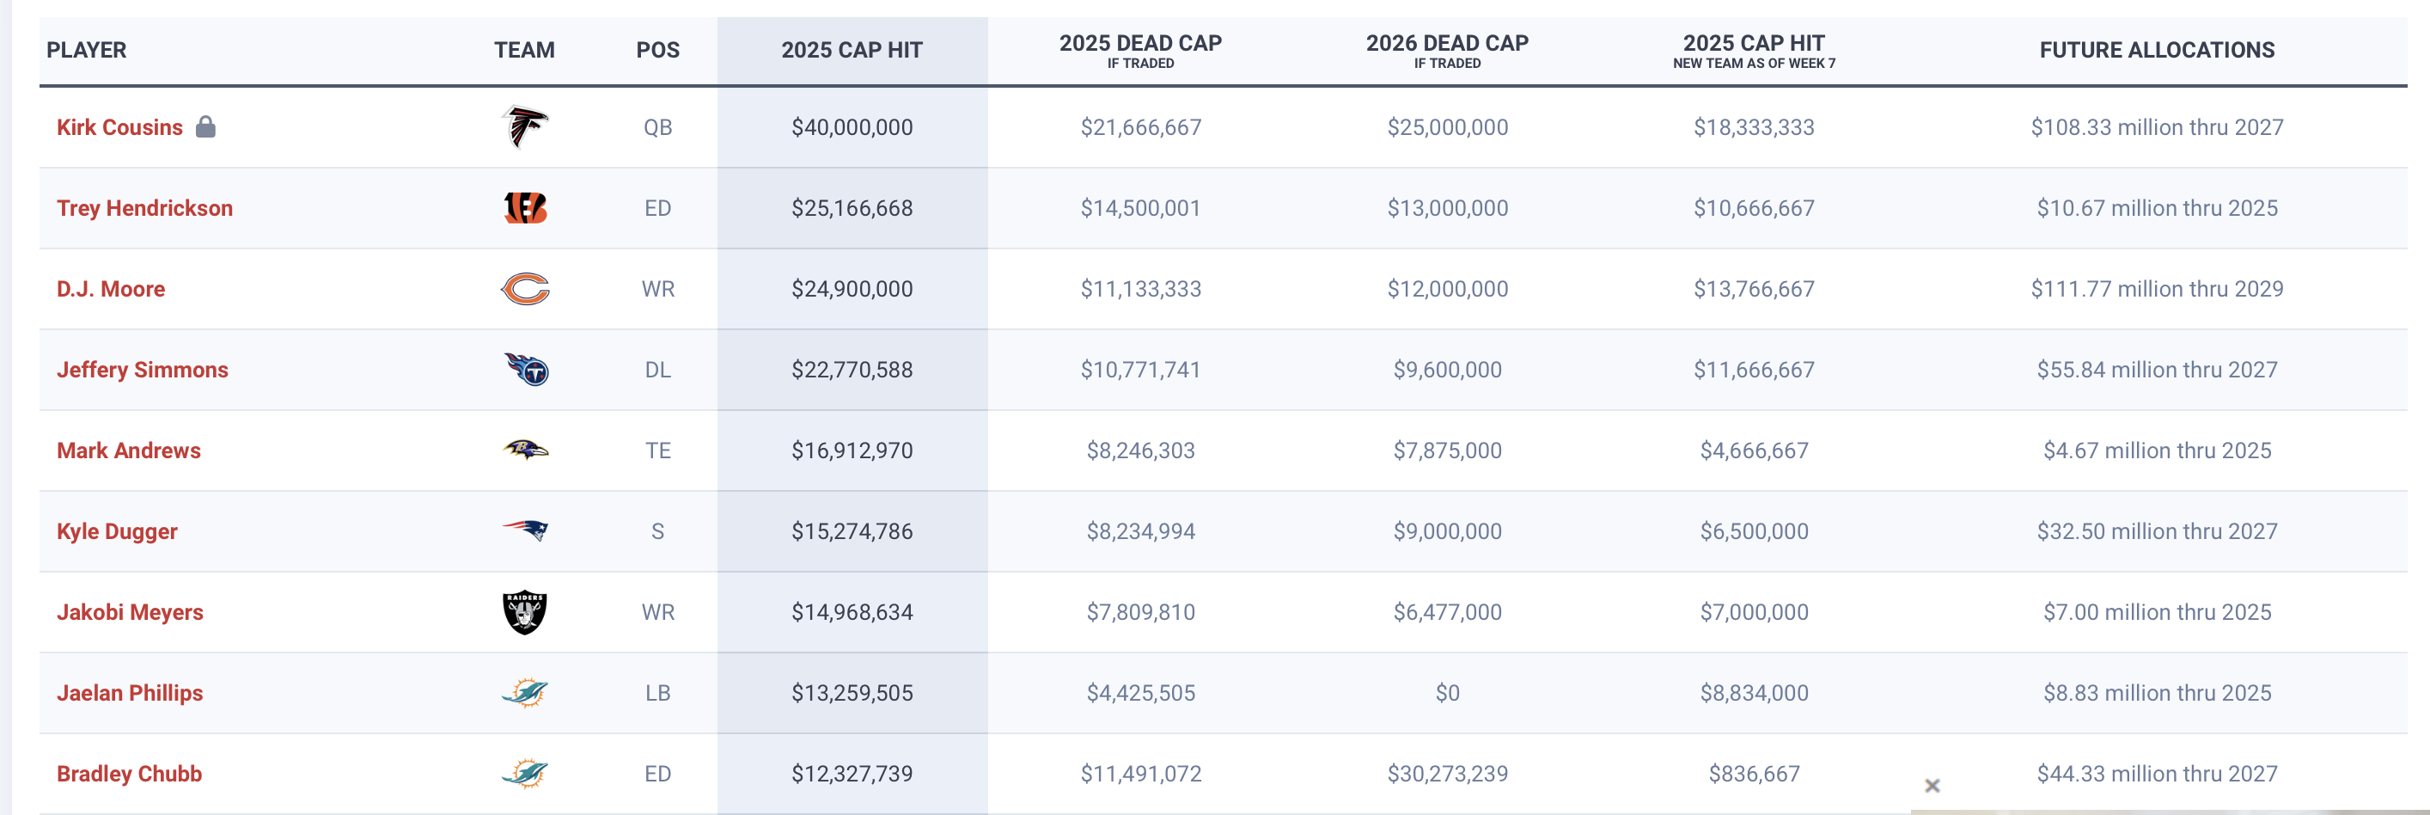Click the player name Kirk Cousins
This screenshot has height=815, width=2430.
[119, 127]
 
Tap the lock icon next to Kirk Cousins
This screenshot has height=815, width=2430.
[205, 126]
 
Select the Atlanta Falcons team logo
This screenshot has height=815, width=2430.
[524, 126]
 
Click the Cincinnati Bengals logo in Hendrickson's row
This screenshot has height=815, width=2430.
[525, 207]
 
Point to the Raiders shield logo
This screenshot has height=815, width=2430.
[524, 612]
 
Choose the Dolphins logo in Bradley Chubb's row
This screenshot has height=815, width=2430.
[524, 774]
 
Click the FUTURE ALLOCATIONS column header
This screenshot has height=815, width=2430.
[2157, 50]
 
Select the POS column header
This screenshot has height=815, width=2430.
[657, 50]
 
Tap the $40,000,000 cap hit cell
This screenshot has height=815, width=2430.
[852, 127]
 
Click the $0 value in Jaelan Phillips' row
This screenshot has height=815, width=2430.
[1447, 693]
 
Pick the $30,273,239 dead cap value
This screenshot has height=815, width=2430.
[1447, 775]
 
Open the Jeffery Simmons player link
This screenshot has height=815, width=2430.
[143, 370]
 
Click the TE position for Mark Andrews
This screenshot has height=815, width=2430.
[657, 450]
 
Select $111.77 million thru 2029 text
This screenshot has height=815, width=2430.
[2157, 289]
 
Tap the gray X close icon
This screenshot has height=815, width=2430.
[1932, 786]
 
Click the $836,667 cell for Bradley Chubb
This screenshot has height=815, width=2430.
[1754, 775]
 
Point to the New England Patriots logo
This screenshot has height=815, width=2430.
[525, 530]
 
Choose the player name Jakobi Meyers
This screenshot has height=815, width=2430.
[131, 612]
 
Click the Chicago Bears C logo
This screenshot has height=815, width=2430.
[524, 289]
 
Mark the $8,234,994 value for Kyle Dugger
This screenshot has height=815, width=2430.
[1140, 532]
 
